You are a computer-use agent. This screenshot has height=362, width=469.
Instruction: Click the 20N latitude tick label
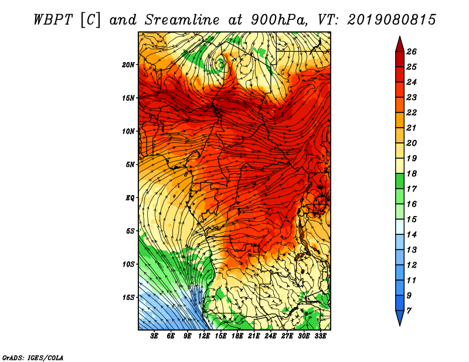pos(128,64)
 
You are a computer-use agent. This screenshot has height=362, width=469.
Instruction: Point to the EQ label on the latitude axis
pos(130,197)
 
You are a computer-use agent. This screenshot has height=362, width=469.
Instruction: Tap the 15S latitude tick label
pos(128,298)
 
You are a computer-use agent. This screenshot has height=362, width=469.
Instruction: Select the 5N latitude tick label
pos(130,165)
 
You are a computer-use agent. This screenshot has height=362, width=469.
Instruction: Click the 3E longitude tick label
pos(154,336)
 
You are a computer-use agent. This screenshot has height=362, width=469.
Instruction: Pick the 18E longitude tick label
pos(237,336)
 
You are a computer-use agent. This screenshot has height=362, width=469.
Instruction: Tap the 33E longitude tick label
pos(320,336)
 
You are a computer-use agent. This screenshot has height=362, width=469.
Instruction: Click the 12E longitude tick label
pos(204,336)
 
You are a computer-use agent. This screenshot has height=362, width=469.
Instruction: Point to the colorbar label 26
pos(412,52)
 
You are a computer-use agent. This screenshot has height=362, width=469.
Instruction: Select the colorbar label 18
pos(412,173)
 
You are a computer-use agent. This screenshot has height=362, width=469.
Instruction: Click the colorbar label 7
pos(409,311)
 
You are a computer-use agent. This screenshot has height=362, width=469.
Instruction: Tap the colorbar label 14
pos(412,235)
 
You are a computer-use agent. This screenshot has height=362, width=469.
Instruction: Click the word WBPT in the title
pos(53,20)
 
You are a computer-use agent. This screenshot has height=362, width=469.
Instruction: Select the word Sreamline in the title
pos(182,20)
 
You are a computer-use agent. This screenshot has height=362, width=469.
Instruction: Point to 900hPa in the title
pos(279,20)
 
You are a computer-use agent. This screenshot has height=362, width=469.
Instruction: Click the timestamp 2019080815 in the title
pos(392,20)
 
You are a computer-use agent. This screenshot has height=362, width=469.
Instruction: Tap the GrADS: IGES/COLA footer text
pos(33,357)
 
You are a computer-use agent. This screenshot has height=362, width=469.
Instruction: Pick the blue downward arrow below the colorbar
pos(400,317)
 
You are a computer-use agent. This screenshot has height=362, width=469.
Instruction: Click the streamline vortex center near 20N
pos(222,64)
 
